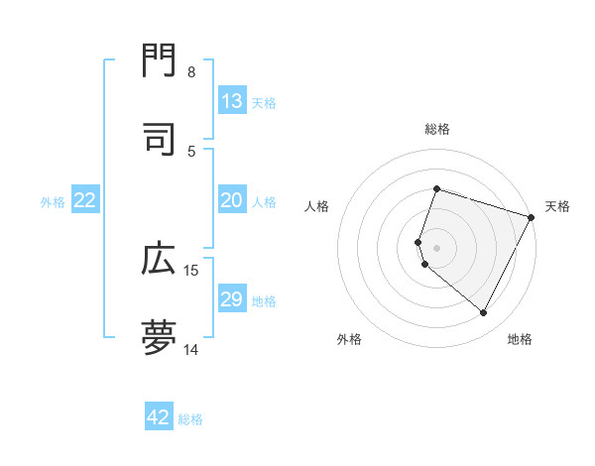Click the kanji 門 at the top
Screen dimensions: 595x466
[159, 61]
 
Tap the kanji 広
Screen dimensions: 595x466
[159, 260]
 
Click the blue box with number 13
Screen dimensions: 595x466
[232, 101]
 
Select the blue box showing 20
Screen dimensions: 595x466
[232, 200]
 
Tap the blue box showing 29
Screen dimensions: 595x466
[232, 299]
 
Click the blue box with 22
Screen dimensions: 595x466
[85, 200]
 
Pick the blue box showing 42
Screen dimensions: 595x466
[159, 417]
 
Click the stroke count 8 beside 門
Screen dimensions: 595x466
[191, 72]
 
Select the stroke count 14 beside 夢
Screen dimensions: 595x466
[191, 349]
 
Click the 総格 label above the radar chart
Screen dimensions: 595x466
[437, 129]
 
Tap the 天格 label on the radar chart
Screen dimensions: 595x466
[557, 206]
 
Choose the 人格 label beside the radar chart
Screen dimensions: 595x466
[317, 206]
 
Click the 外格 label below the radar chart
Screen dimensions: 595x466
[349, 340]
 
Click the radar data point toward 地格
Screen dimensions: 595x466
[484, 313]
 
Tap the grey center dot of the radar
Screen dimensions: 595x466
[437, 247]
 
